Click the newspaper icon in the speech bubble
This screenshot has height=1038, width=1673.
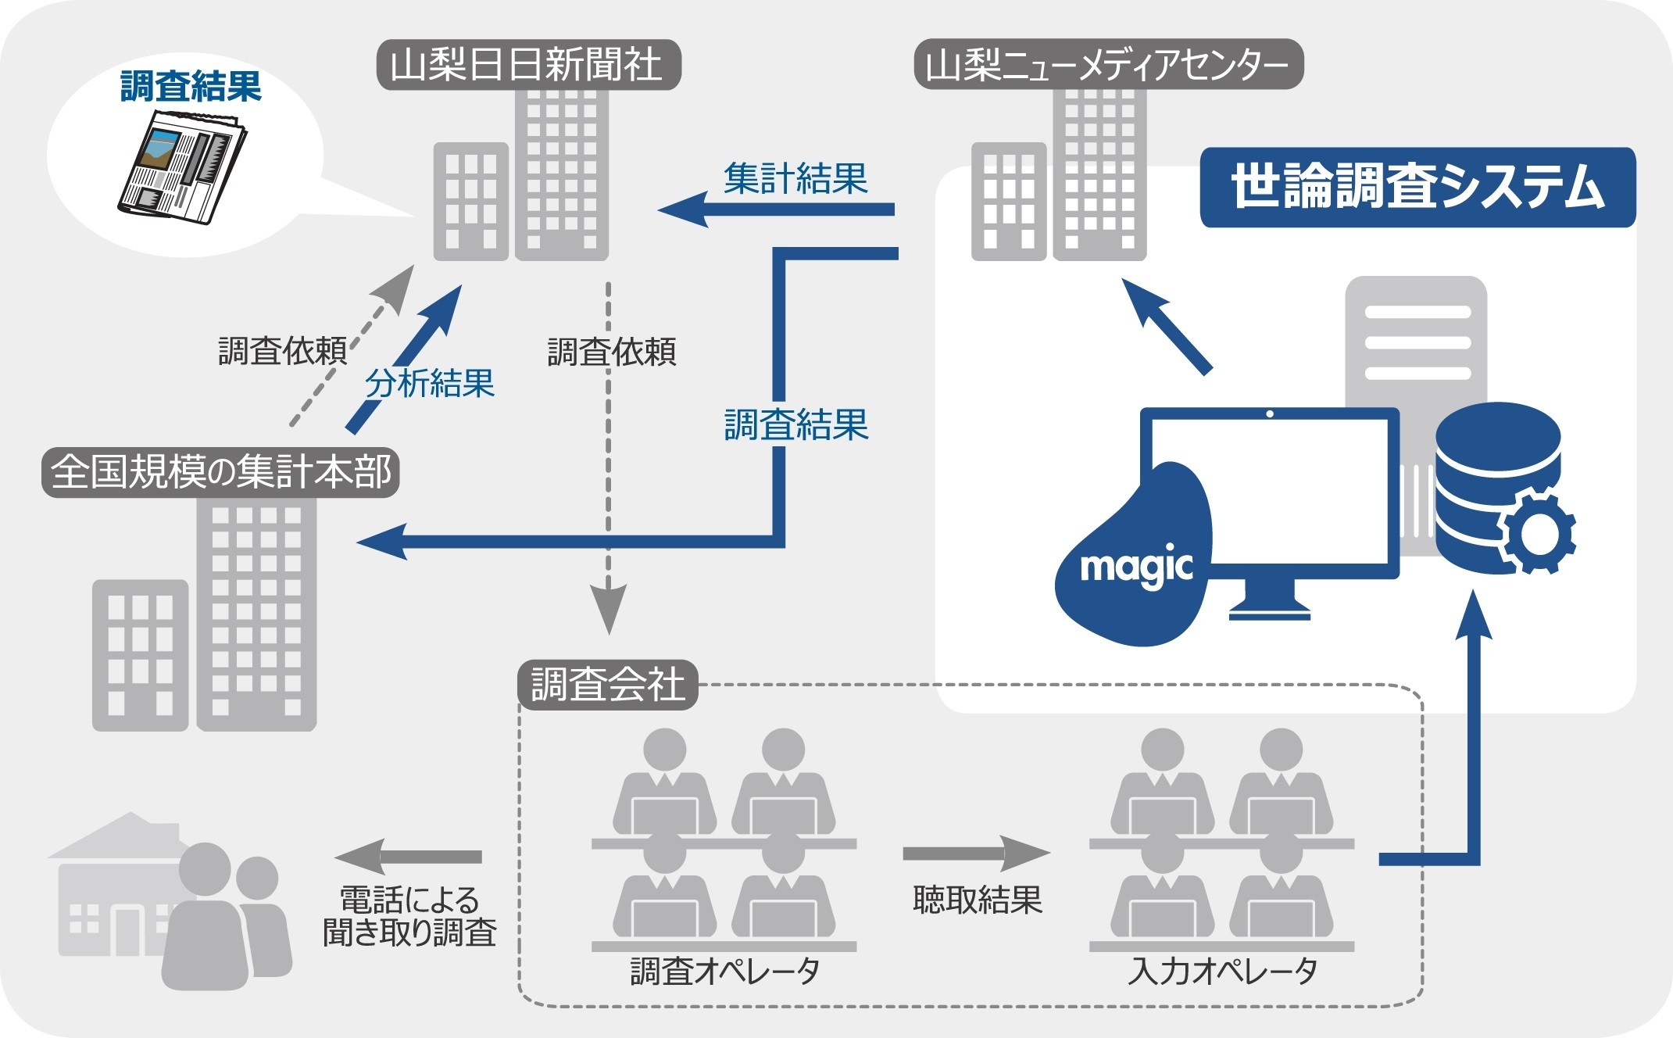click(x=182, y=166)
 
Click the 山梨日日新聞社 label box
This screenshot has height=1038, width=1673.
click(x=528, y=65)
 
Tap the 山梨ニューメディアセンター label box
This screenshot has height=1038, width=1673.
click(x=1108, y=65)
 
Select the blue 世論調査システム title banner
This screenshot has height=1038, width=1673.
click(x=1417, y=188)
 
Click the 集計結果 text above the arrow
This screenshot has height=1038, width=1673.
click(x=795, y=179)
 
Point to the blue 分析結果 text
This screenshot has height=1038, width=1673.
click(x=430, y=384)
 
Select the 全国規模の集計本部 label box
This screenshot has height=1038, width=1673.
click(x=221, y=472)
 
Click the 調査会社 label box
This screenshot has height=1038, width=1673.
click(x=607, y=685)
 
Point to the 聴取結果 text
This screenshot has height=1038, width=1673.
click(x=977, y=900)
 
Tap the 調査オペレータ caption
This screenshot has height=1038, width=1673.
click(x=724, y=972)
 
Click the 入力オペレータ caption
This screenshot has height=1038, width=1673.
click(x=1222, y=972)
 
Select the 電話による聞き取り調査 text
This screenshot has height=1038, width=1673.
click(x=409, y=916)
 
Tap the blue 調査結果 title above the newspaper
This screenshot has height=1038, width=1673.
click(x=191, y=86)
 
